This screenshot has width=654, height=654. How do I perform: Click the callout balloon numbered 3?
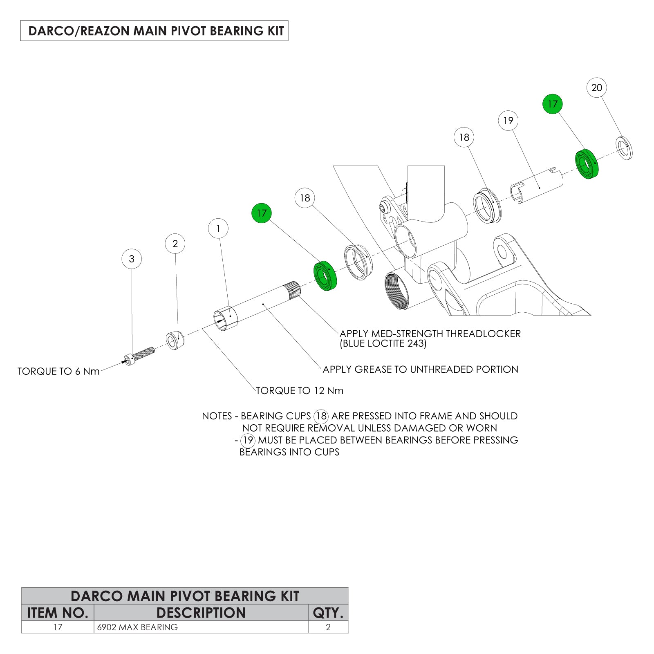(132, 259)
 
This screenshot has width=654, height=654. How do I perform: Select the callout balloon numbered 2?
(175, 244)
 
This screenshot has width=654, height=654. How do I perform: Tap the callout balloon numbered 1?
(218, 228)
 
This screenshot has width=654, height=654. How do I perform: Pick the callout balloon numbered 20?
(596, 87)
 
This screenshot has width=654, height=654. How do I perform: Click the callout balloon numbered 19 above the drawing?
(508, 121)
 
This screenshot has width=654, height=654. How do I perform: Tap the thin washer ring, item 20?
(624, 148)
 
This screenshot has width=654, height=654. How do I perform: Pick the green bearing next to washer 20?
(587, 164)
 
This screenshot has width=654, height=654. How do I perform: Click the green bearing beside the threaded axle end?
(325, 275)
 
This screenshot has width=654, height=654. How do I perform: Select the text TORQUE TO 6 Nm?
(58, 372)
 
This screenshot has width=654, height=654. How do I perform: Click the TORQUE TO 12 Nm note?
(300, 391)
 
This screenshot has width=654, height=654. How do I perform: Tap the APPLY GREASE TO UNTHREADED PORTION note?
(420, 370)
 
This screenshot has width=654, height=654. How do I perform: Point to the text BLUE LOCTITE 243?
(383, 344)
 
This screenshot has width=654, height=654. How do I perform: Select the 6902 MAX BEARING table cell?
(137, 627)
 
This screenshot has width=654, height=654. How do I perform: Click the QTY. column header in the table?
(328, 613)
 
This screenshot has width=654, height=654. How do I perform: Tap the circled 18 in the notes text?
(321, 416)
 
